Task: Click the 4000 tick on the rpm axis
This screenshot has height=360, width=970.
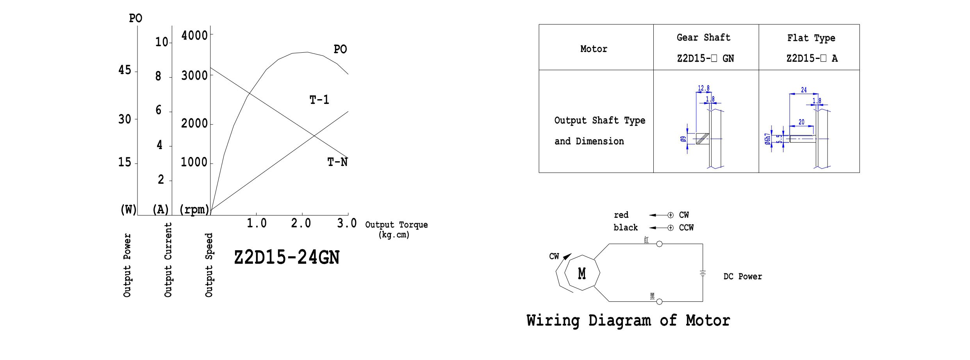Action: click(x=194, y=36)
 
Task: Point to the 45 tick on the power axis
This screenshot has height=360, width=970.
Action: click(x=125, y=70)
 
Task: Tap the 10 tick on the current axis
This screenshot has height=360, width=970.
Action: click(x=162, y=42)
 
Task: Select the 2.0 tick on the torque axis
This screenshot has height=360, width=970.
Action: click(x=301, y=223)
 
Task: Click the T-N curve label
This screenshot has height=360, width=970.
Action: click(x=337, y=162)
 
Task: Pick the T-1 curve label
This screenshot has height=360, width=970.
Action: click(x=319, y=100)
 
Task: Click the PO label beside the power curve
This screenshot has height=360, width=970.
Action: click(x=340, y=49)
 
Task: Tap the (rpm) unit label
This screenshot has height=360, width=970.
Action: click(x=194, y=210)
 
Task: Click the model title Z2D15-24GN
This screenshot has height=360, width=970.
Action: click(x=287, y=257)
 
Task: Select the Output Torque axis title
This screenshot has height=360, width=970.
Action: click(x=396, y=229)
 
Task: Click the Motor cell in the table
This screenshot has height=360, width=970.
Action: click(x=594, y=49)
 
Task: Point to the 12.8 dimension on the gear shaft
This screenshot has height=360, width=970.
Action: click(x=703, y=88)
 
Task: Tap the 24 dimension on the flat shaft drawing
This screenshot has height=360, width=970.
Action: click(x=804, y=90)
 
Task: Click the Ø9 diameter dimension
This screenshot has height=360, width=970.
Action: click(x=683, y=139)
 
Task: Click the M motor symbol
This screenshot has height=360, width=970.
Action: click(x=582, y=273)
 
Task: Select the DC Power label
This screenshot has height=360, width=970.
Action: click(x=742, y=276)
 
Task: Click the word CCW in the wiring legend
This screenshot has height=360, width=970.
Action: click(x=686, y=228)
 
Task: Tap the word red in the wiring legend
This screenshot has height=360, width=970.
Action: click(x=621, y=215)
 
